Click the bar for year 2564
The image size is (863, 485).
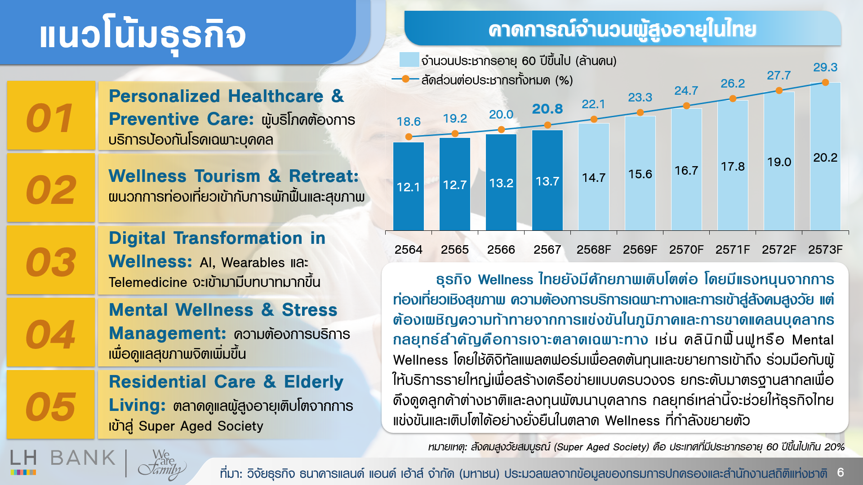tap(408, 186)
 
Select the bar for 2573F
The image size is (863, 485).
tap(825, 157)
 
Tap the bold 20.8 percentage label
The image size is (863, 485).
tap(547, 109)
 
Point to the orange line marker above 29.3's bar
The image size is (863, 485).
tap(825, 83)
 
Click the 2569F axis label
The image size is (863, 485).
tap(640, 250)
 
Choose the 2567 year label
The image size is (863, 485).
tap(547, 250)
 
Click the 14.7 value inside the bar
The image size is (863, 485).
tap(594, 178)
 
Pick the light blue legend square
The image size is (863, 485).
tap(409, 60)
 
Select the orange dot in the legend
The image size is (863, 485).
tap(405, 79)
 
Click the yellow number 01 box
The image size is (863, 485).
tap(51, 115)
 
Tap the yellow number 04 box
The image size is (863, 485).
tap(51, 332)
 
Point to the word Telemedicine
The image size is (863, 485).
tap(148, 282)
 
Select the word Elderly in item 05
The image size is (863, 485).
tap(313, 382)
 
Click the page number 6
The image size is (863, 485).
tap(841, 472)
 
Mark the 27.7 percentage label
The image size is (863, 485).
tap(778, 75)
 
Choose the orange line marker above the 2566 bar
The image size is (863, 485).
tap(501, 130)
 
